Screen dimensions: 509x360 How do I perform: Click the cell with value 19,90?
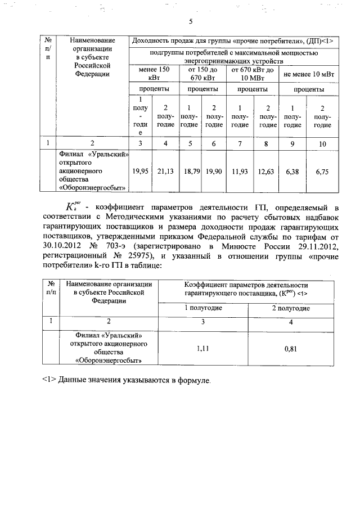(214, 172)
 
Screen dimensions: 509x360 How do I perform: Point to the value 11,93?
(240, 172)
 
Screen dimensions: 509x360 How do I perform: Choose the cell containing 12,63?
(268, 172)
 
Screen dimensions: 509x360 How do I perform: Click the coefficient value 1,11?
(202, 348)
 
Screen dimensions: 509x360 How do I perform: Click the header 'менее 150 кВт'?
(154, 74)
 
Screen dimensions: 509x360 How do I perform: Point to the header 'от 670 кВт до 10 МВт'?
(253, 74)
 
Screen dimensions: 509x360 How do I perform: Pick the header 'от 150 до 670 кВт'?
(203, 74)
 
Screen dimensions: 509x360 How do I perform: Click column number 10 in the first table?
(322, 144)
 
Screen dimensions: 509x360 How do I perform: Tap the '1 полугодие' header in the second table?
(202, 308)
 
